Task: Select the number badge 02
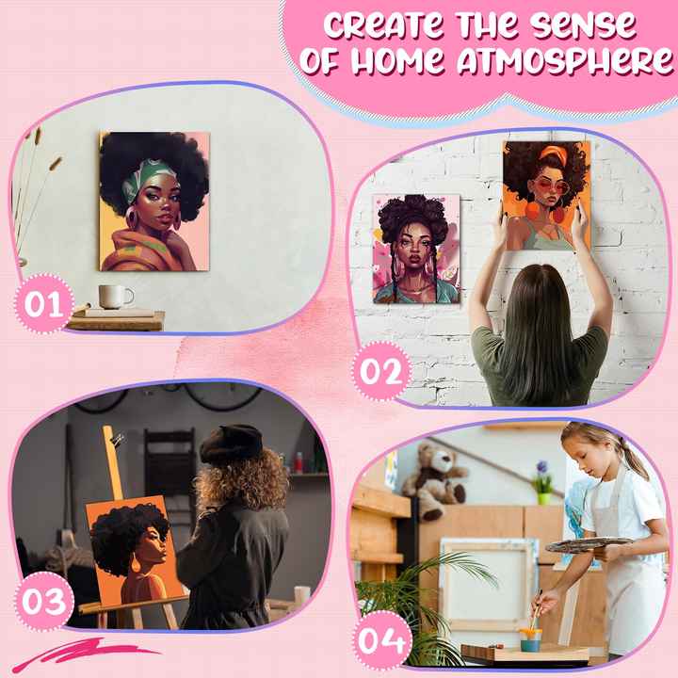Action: point(380,371)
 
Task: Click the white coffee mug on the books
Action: point(116,297)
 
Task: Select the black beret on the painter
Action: point(232,442)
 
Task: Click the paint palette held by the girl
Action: point(589,544)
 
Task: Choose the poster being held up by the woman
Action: point(546,195)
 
